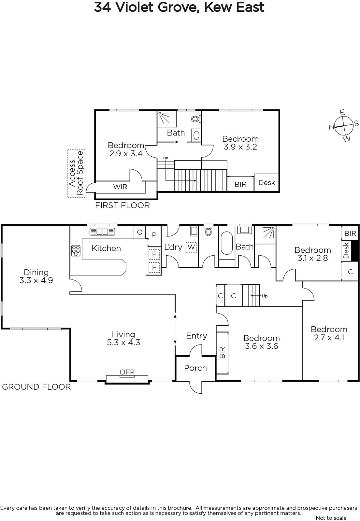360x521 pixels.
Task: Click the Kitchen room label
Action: click(x=106, y=248)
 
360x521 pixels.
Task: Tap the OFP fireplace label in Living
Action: click(x=127, y=372)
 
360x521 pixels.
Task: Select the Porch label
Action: click(x=195, y=368)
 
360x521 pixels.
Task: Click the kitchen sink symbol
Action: click(x=102, y=232)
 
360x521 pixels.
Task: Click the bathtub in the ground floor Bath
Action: click(x=227, y=243)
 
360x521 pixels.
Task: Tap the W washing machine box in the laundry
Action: click(x=191, y=247)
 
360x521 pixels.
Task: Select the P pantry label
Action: click(x=154, y=235)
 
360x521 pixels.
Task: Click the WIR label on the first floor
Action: click(x=120, y=187)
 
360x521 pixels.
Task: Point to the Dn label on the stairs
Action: click(x=166, y=158)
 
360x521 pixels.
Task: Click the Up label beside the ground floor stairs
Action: click(x=265, y=296)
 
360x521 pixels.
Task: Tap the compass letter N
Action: click(x=331, y=127)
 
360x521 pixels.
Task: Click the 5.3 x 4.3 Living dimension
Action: click(x=123, y=342)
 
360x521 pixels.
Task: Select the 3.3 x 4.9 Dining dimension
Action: click(x=36, y=280)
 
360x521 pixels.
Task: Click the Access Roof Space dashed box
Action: click(x=76, y=173)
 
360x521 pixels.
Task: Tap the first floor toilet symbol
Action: click(x=196, y=119)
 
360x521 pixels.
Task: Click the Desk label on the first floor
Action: click(x=267, y=183)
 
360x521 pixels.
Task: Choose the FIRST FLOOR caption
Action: click(x=122, y=205)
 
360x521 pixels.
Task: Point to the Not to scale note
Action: click(x=331, y=518)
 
